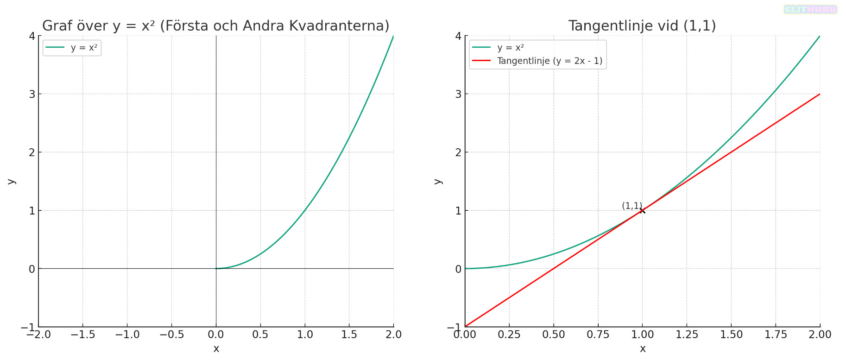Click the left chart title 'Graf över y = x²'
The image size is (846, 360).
(x=215, y=26)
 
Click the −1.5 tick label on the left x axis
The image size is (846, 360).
(x=82, y=335)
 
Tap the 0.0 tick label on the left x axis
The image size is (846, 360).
(x=216, y=335)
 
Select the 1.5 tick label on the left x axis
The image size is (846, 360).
(x=349, y=335)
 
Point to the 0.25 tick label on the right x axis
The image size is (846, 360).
(x=509, y=335)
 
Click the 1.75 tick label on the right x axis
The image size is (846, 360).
(x=776, y=335)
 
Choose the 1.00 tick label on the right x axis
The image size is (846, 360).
(x=642, y=335)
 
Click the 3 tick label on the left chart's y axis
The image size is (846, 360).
(x=32, y=94)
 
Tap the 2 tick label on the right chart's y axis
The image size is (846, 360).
(x=458, y=152)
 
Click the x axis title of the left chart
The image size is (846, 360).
(x=216, y=349)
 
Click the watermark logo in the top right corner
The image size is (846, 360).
(x=810, y=9)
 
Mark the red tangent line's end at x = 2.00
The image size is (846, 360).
(x=820, y=94)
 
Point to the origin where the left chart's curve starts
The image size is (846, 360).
(x=216, y=269)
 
